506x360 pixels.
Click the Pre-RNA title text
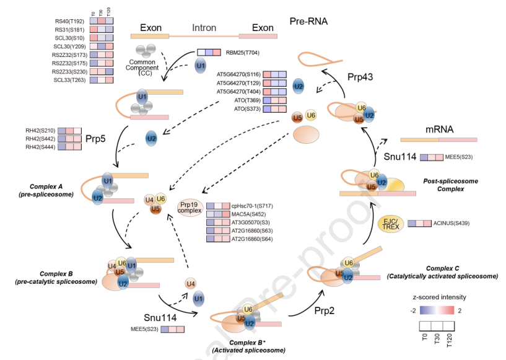click(x=308, y=22)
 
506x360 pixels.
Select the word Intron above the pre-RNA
click(x=204, y=28)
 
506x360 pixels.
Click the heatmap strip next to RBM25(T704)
click(x=208, y=53)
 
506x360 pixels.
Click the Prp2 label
click(x=323, y=310)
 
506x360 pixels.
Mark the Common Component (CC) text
click(x=143, y=66)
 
